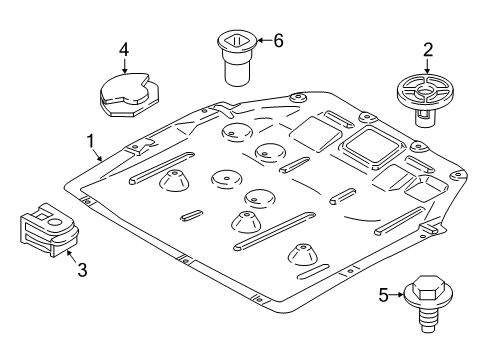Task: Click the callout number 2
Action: (427, 48)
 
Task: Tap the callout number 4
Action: (124, 49)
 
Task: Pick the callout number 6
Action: (278, 41)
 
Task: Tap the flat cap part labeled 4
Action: (126, 94)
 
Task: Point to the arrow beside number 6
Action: (262, 41)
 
